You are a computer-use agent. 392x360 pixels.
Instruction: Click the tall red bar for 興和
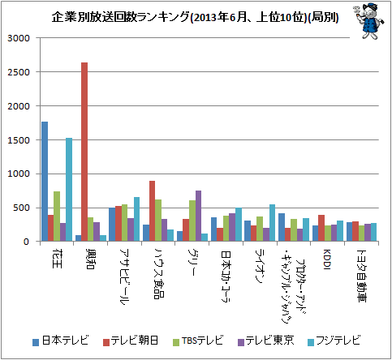84,152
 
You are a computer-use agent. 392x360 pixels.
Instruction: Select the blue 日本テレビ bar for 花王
45,182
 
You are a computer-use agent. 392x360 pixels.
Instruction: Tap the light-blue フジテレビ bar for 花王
69,190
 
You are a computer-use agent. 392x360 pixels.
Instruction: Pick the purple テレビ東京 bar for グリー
198,216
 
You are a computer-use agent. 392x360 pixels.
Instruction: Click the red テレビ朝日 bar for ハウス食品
153,211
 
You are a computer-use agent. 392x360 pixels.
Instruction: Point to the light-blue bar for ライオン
272,223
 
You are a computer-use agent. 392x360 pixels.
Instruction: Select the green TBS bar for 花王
57,216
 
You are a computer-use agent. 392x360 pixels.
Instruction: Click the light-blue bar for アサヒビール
137,219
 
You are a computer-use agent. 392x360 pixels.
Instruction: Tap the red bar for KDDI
321,228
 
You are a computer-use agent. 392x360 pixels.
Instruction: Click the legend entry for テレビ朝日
131,341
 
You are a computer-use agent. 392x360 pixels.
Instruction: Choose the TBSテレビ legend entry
198,341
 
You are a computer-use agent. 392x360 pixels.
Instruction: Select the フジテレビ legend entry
334,341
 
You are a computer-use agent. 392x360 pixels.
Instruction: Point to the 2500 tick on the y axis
19,72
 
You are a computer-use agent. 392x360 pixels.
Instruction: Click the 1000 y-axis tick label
19,174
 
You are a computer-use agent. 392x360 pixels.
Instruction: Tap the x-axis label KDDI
327,259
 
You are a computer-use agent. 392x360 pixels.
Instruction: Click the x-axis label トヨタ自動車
361,276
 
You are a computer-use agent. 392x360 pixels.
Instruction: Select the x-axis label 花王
57,259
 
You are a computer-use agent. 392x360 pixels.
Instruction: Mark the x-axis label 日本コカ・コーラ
226,276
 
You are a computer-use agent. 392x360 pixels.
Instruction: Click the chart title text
195,17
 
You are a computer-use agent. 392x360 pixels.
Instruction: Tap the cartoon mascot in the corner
368,21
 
